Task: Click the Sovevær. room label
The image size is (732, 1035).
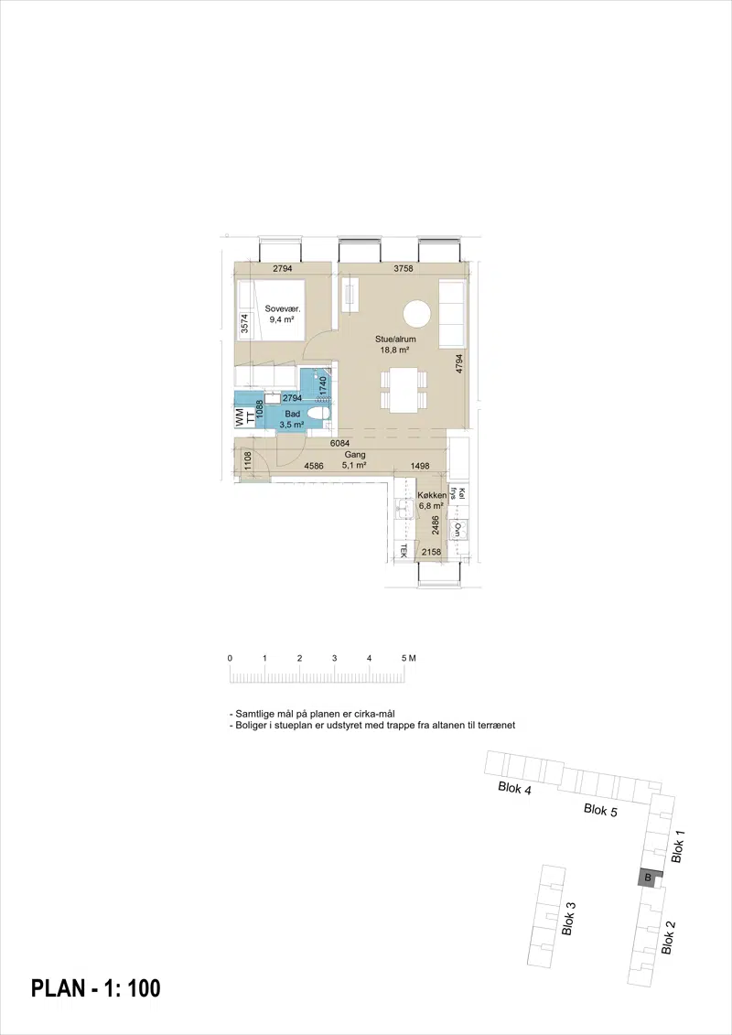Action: tap(283, 309)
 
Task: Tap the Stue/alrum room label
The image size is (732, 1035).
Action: tap(395, 340)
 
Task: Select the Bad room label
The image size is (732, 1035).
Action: tap(293, 414)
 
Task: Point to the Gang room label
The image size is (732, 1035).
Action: tap(354, 455)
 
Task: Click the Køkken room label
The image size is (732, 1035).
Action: tap(432, 496)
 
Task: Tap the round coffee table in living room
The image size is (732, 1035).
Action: tap(417, 314)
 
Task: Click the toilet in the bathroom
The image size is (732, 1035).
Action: tap(318, 414)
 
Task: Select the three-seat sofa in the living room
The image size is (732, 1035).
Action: tap(453, 313)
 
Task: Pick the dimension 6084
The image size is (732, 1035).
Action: tap(339, 444)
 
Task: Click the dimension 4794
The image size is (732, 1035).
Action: tap(459, 364)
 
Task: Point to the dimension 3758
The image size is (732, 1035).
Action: tap(403, 269)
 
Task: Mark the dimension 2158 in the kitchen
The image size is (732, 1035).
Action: tap(431, 553)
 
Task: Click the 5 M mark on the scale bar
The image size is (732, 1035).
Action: tap(408, 658)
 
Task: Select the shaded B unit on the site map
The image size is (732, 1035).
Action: tap(648, 878)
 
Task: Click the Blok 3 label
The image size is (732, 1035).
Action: tap(568, 918)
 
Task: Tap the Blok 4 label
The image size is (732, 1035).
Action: tap(515, 788)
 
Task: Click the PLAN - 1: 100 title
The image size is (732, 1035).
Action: tap(96, 988)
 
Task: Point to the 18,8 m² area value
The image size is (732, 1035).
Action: tap(394, 350)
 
